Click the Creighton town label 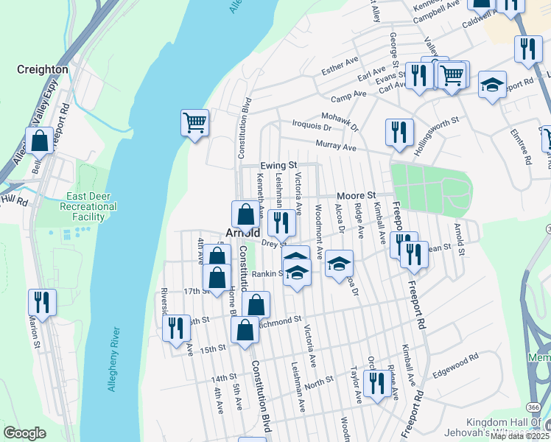43,69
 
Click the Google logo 24,432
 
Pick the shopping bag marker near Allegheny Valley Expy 39,140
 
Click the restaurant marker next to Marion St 42,303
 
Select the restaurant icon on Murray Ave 399,133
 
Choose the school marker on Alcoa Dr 339,264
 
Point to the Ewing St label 278,166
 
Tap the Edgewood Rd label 455,366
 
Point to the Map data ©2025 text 519,436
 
